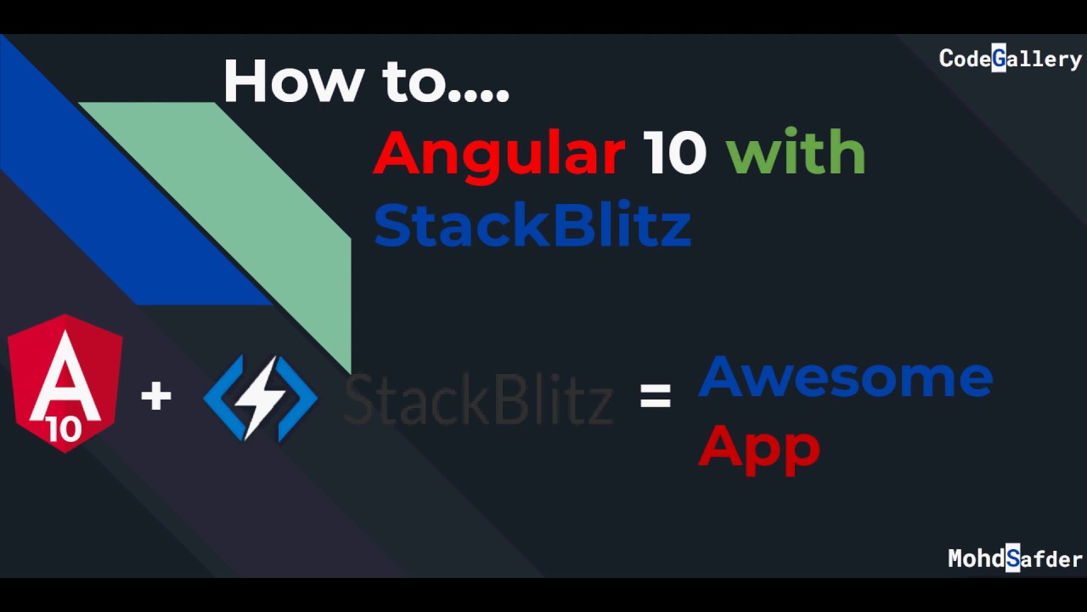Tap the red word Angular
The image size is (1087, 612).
[x=499, y=153]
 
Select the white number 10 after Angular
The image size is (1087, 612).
[x=674, y=153]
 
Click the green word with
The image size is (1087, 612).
[x=796, y=153]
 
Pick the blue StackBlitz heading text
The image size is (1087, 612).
[x=532, y=225]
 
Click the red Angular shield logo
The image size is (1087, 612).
[x=65, y=382]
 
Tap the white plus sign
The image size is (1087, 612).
[x=156, y=396]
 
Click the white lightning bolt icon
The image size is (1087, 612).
[x=262, y=397]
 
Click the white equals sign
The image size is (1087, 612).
[x=656, y=395]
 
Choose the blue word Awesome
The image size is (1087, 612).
[x=845, y=377]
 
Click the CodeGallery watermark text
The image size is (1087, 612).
[x=1010, y=59]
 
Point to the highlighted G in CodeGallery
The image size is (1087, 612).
[x=999, y=59]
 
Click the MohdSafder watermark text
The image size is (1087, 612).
[x=1015, y=558]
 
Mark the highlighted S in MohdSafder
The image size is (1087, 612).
[x=1012, y=558]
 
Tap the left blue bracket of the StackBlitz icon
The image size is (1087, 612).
[x=218, y=397]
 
